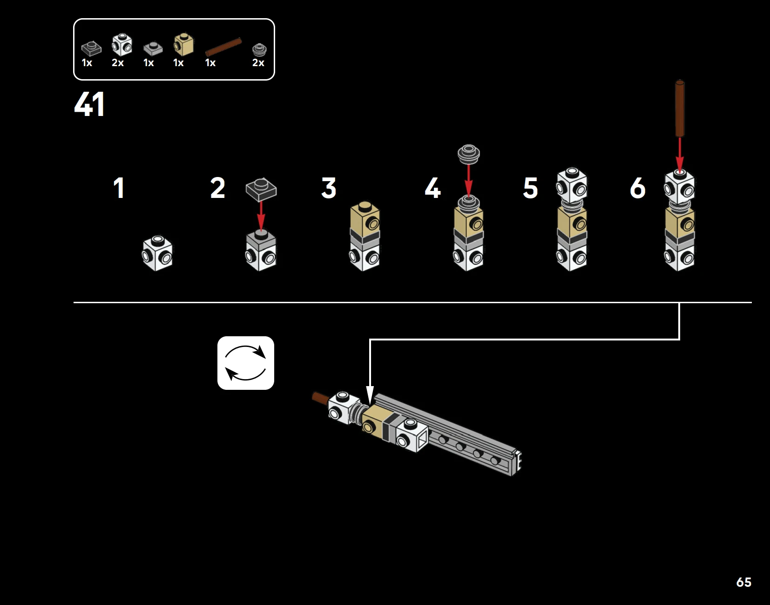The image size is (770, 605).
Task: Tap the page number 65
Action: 743,582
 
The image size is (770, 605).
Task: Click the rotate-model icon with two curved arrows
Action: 246,363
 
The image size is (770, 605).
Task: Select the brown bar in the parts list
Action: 223,47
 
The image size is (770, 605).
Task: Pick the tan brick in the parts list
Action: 183,44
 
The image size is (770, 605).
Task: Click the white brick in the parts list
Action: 122,45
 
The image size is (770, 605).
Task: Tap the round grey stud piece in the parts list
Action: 259,49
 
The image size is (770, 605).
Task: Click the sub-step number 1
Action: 119,188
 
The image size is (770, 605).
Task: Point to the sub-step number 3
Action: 329,188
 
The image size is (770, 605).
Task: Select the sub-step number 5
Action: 530,188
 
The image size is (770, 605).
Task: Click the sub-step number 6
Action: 638,188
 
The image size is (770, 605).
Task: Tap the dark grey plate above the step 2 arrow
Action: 261,189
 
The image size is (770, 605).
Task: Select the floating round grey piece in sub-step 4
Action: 469,155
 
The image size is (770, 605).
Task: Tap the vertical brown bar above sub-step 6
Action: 680,109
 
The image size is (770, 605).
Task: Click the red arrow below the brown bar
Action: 680,154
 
